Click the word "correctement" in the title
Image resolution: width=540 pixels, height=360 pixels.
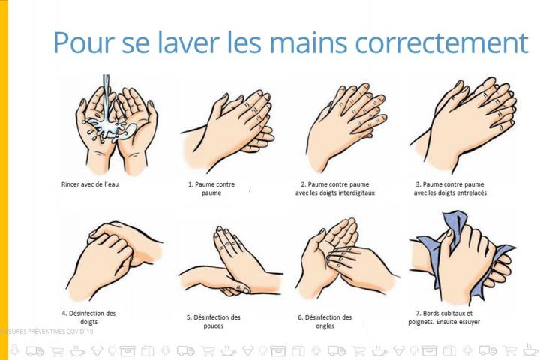[x=442, y=43]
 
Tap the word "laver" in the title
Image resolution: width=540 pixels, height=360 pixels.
[x=188, y=42]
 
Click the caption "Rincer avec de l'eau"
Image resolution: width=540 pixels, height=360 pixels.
[x=90, y=184]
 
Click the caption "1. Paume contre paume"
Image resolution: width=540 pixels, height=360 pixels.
[x=211, y=188]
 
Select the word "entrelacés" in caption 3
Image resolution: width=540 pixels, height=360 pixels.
[x=472, y=193]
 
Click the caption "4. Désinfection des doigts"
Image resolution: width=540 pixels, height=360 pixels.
[x=88, y=317]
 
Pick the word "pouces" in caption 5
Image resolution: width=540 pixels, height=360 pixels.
[x=214, y=326]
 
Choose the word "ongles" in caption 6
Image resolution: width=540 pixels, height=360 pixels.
[x=325, y=326]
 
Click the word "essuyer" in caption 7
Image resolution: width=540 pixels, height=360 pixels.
[x=468, y=322]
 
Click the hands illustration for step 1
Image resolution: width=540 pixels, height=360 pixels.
[x=228, y=130]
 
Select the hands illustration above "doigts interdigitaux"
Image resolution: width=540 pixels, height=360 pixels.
[x=346, y=127]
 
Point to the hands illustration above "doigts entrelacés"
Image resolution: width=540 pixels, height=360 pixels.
[x=463, y=124]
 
